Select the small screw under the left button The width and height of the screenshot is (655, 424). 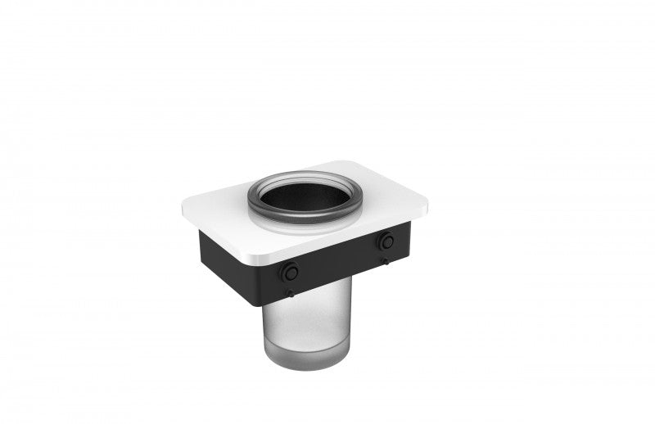[288, 292]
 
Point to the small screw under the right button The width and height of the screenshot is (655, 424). [383, 260]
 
